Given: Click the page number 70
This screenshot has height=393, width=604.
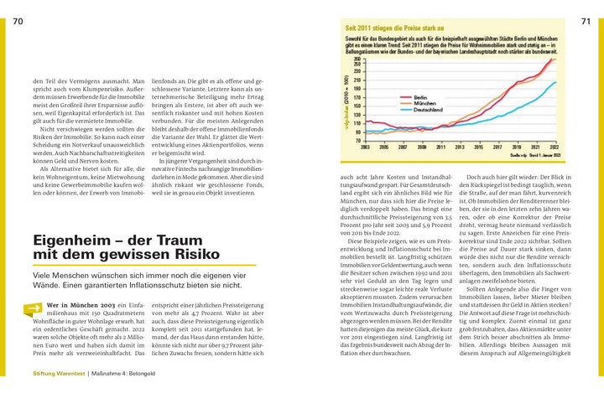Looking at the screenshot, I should click(18, 21).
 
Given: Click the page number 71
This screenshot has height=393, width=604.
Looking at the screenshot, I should click(586, 21).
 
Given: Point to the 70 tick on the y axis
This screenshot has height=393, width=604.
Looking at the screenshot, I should click(358, 140).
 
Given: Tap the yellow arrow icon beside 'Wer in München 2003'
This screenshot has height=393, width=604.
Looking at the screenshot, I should click(34, 308).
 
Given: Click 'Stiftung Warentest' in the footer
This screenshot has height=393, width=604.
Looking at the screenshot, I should click(58, 373).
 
